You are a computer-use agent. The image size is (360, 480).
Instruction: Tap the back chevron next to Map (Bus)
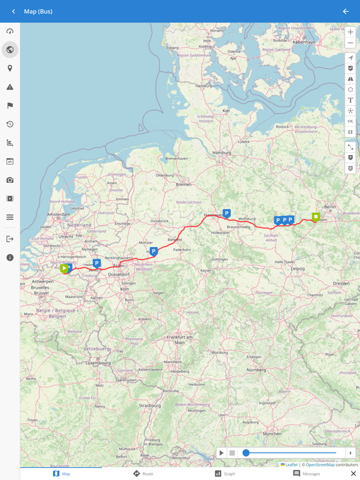click(13, 11)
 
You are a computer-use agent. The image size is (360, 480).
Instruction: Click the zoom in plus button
click(350, 32)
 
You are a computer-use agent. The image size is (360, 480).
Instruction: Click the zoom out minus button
click(350, 43)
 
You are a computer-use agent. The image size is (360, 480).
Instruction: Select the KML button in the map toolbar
click(350, 121)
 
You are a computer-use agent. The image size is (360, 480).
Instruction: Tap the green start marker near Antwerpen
click(64, 268)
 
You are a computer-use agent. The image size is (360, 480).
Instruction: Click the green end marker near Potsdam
click(316, 217)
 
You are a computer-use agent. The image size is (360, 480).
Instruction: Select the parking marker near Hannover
click(226, 213)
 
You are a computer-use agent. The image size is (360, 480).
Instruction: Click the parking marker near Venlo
click(97, 263)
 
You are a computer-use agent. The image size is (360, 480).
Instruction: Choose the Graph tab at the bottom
click(225, 473)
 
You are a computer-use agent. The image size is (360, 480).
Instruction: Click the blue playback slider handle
click(246, 453)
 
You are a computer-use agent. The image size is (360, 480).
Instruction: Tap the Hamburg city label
click(222, 153)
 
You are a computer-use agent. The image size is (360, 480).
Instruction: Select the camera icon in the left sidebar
click(10, 180)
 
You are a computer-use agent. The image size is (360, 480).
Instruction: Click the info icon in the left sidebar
click(10, 257)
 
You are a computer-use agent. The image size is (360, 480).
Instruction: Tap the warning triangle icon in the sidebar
click(10, 87)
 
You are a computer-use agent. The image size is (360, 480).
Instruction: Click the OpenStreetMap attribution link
click(320, 465)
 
